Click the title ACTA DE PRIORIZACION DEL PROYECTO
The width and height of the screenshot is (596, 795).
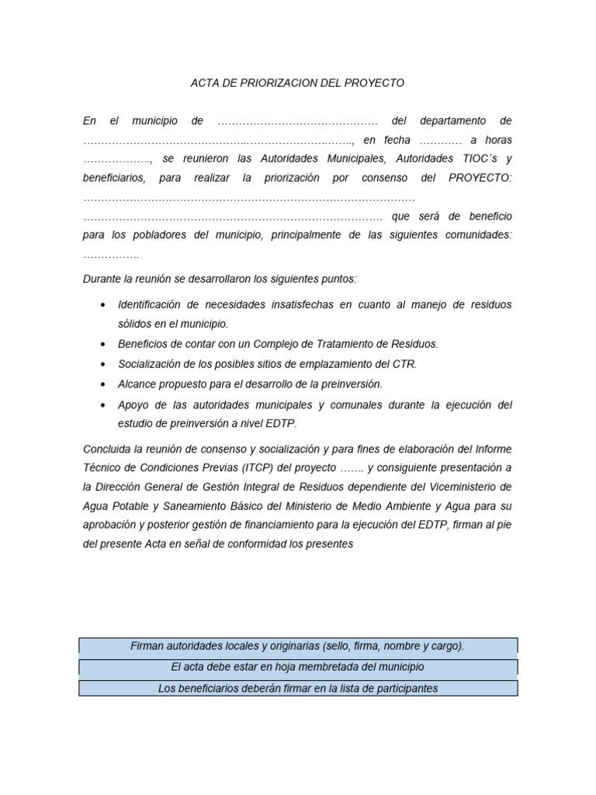[297, 83]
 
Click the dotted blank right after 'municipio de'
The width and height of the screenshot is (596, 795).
[297, 121]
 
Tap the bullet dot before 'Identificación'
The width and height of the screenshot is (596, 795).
[103, 305]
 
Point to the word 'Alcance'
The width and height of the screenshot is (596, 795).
[137, 384]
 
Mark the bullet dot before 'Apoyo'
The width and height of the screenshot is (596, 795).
[103, 405]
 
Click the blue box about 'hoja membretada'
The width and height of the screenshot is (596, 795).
[297, 667]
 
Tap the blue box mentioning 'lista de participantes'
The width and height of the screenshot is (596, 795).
[297, 689]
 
